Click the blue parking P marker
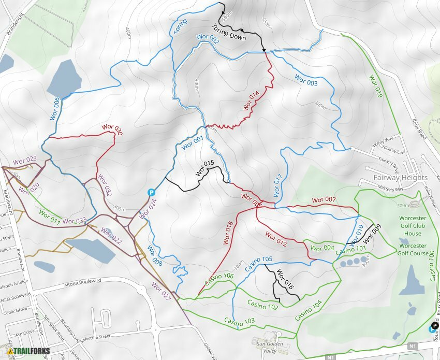click(x=152, y=192)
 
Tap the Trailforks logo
click(x=26, y=351)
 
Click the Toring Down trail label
click(x=228, y=32)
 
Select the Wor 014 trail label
click(x=252, y=101)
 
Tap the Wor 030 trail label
click(x=112, y=129)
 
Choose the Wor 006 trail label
click(x=55, y=109)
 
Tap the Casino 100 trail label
click(x=432, y=267)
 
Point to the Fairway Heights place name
click(x=401, y=178)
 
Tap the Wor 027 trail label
click(x=161, y=291)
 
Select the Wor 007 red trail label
click(x=324, y=200)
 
